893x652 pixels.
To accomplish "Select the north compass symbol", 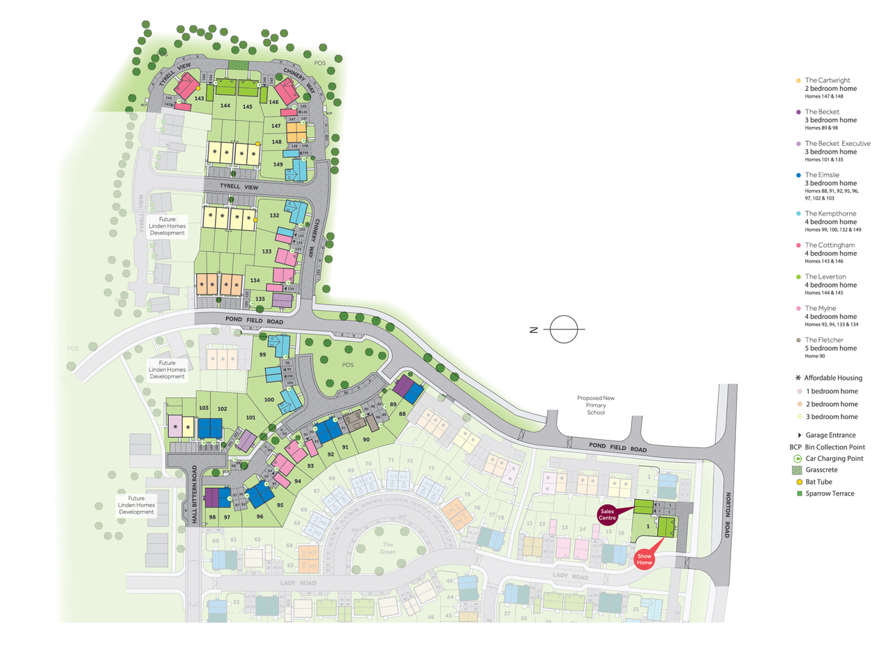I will pyautogui.click(x=564, y=329).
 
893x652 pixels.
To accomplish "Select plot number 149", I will pyautogui.click(x=278, y=165).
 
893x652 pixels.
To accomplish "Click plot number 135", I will pyautogui.click(x=260, y=299).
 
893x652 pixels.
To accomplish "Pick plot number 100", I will pyautogui.click(x=269, y=399).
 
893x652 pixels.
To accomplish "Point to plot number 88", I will pyautogui.click(x=402, y=414).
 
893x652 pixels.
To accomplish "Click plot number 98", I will pyautogui.click(x=212, y=517).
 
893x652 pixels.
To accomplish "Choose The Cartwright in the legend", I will pyautogui.click(x=827, y=80).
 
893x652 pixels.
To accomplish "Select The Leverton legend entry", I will pyautogui.click(x=825, y=277).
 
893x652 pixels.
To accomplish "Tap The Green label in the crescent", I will pyautogui.click(x=388, y=548).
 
